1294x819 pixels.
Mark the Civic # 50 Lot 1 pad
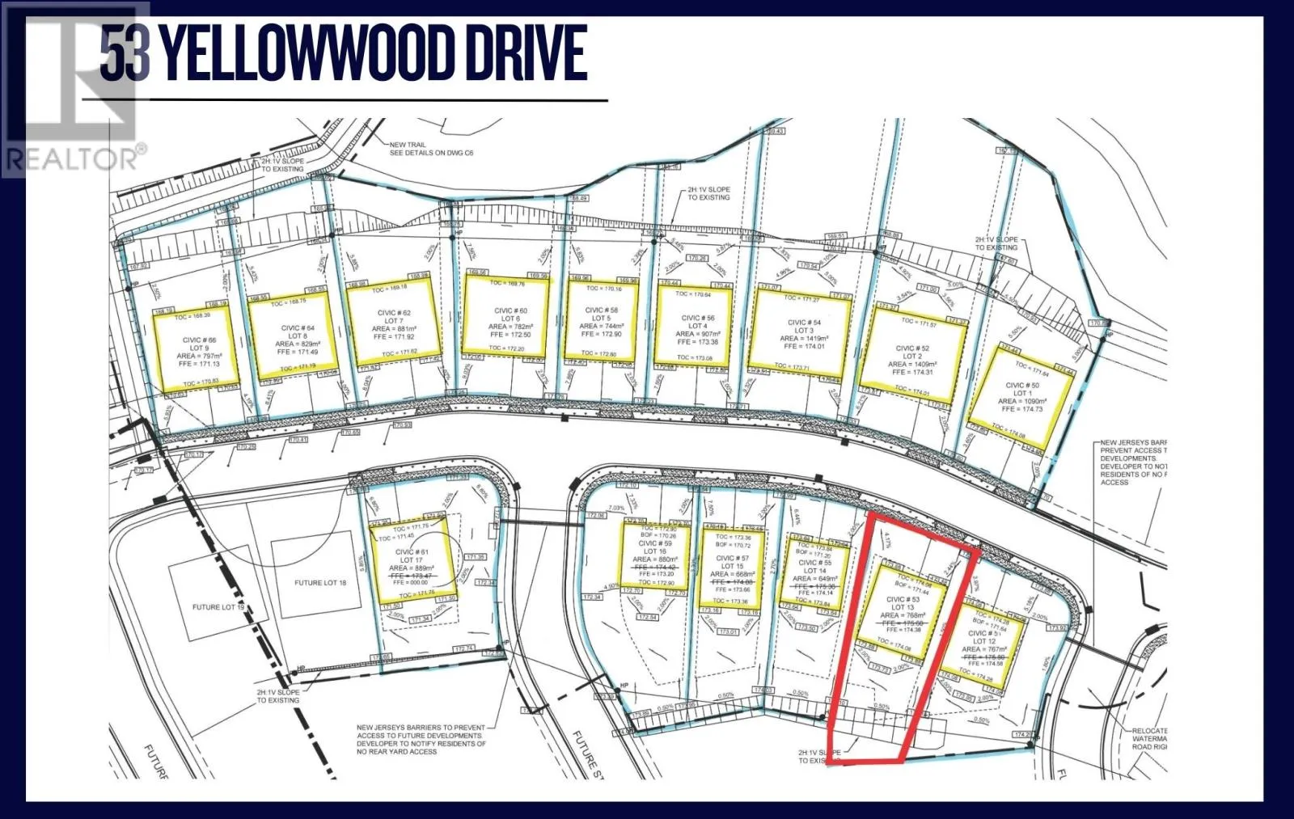pyautogui.click(x=1021, y=396)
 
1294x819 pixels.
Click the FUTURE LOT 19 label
pyautogui.click(x=218, y=607)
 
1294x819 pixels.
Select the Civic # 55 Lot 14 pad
pyautogui.click(x=812, y=572)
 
